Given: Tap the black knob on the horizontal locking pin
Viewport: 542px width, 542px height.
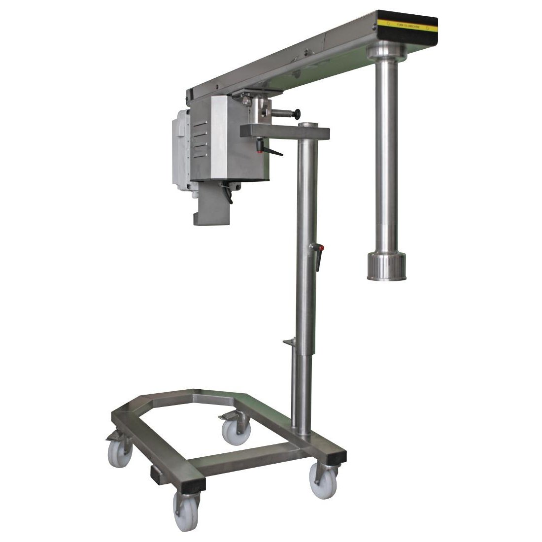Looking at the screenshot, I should (298, 114).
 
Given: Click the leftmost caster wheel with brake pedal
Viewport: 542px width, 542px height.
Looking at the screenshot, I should (120, 452).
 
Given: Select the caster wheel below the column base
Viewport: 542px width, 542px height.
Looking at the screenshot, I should (323, 482).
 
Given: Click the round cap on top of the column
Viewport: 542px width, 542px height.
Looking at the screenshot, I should (309, 125).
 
